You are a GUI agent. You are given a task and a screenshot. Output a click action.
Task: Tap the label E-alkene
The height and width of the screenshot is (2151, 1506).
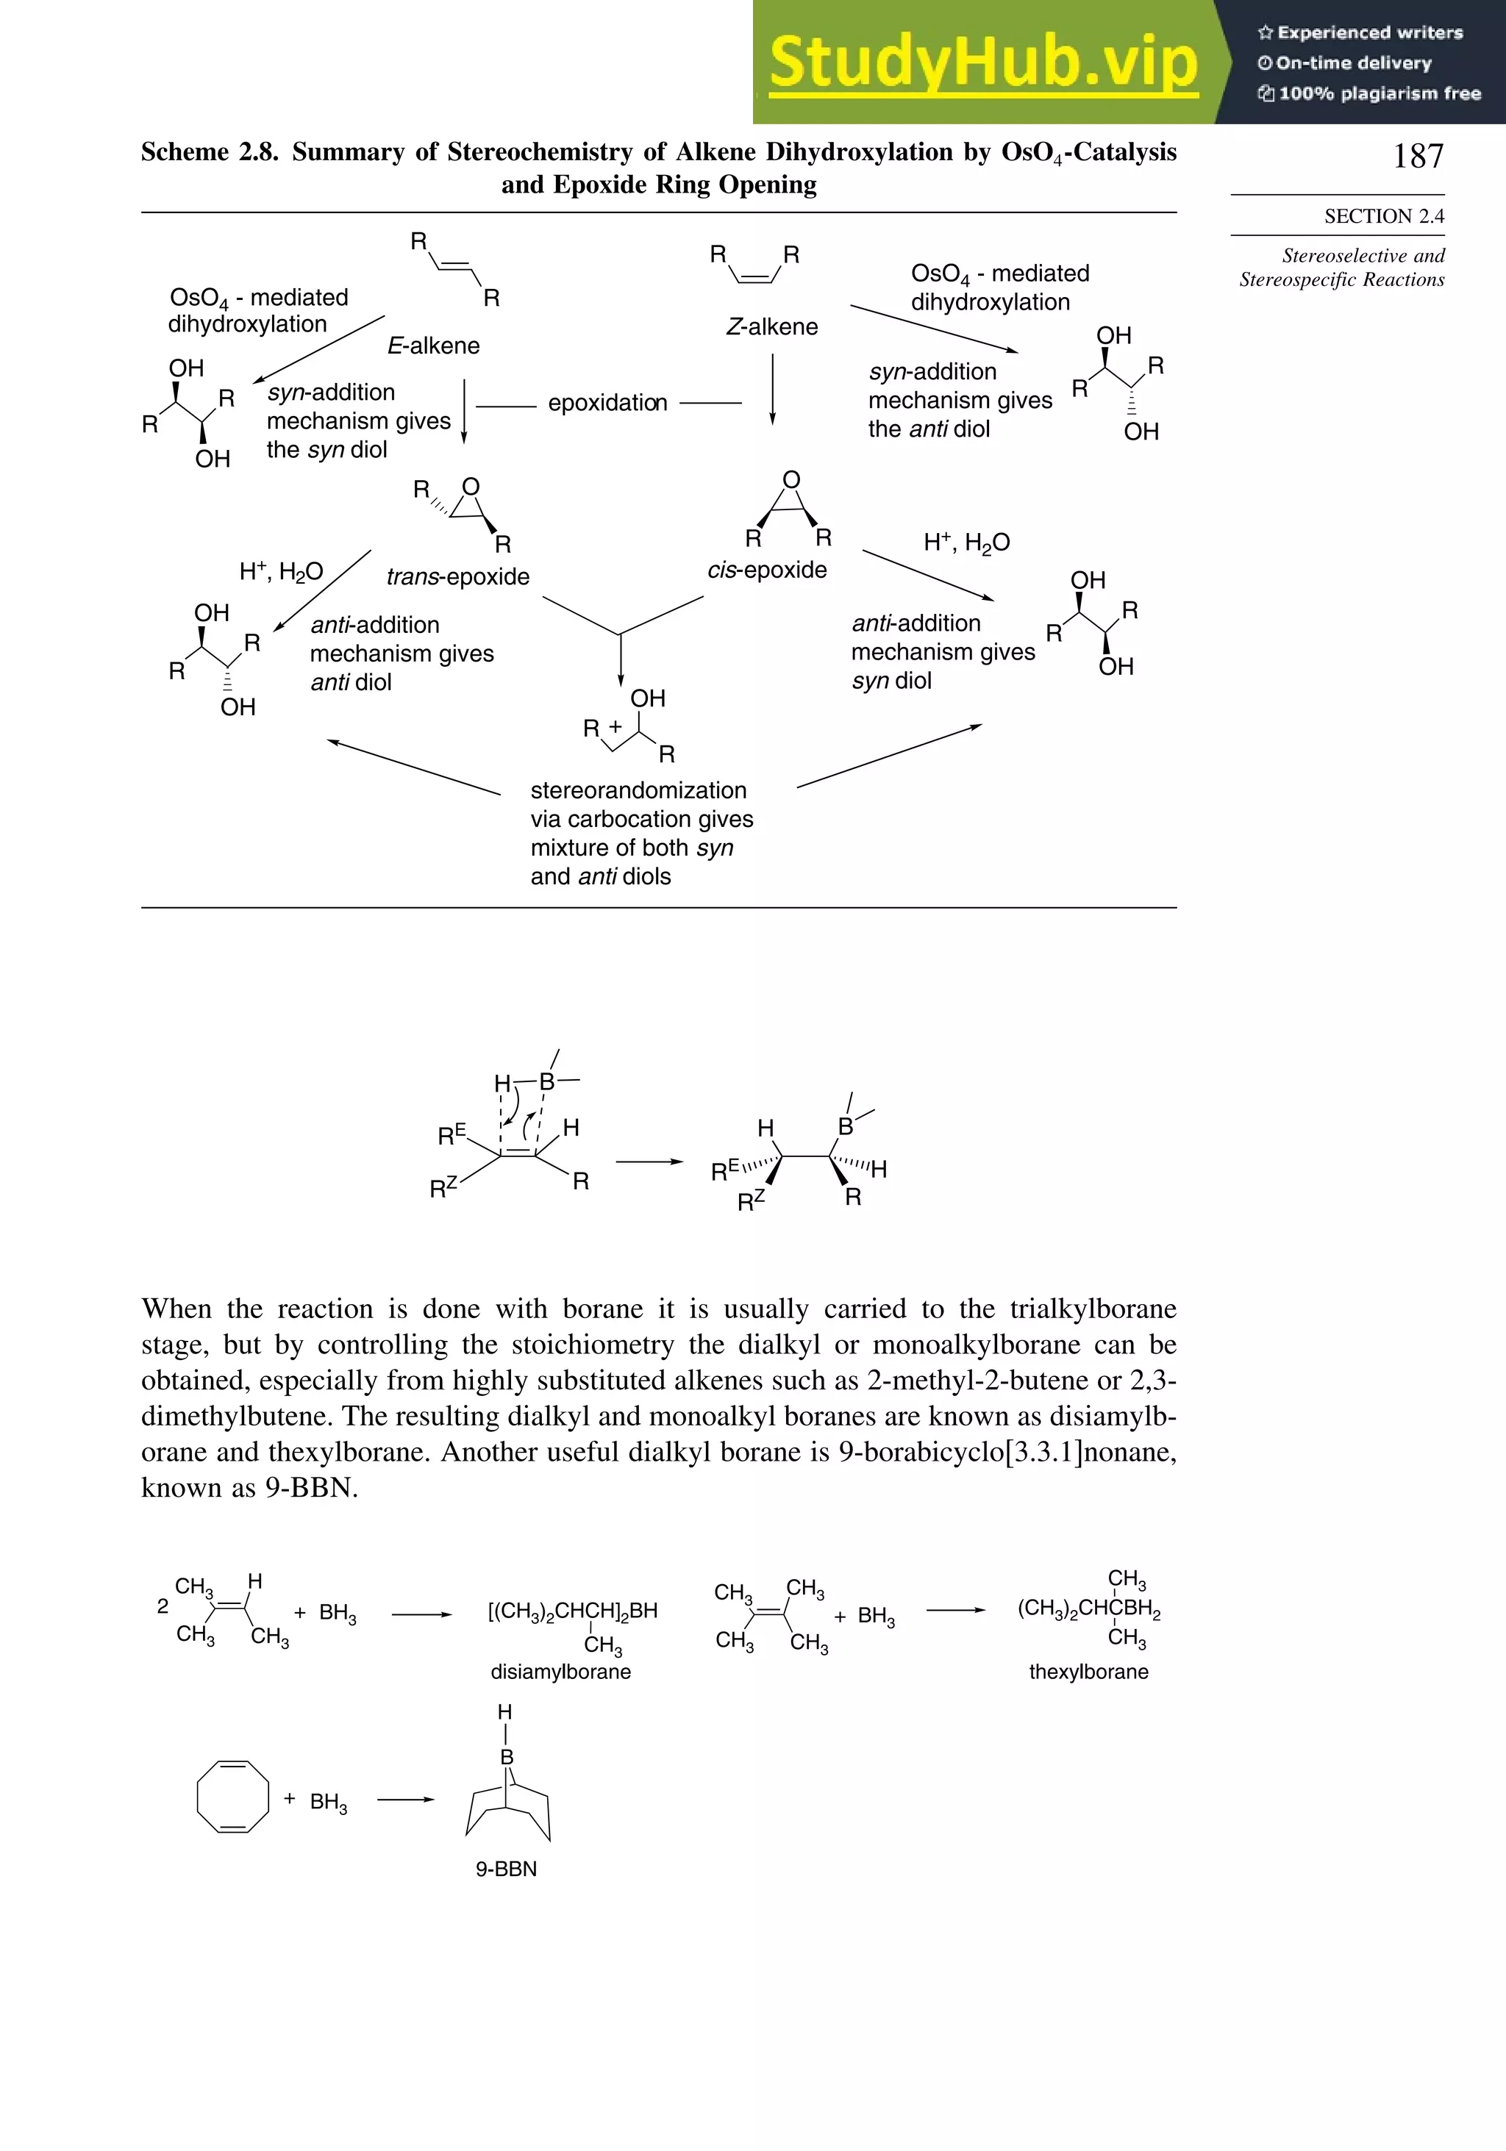[x=433, y=346]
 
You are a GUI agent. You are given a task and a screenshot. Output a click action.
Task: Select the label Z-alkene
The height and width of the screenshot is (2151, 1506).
[x=771, y=327]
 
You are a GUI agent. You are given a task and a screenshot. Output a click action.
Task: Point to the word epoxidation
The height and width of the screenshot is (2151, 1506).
[x=607, y=403]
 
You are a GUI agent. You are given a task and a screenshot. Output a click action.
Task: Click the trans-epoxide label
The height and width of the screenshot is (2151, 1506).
[x=457, y=577]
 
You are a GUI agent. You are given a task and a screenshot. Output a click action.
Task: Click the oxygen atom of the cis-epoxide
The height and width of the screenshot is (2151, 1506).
[x=791, y=481]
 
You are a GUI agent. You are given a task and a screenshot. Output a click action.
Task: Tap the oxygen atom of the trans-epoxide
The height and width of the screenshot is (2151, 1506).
[x=471, y=487]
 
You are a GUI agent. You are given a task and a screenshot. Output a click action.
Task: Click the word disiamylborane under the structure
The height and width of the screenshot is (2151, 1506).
[x=560, y=1672]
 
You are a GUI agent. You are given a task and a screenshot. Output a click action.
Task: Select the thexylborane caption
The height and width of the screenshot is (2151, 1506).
[x=1088, y=1672]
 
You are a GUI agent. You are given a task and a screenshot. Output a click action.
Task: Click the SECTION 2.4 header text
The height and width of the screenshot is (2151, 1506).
[x=1383, y=216]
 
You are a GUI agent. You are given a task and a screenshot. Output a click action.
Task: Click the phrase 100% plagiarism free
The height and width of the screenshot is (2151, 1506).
[x=1377, y=93]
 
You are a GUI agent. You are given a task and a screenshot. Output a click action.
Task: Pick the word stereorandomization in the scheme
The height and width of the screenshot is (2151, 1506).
[x=638, y=791]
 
